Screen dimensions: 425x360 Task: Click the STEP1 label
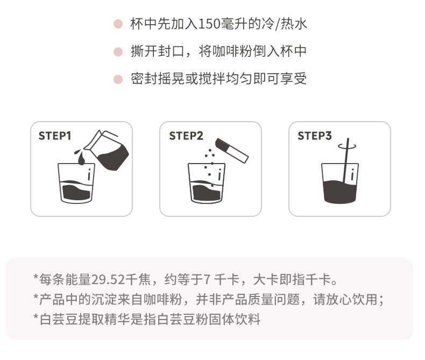point(55,136)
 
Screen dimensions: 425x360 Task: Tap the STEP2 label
point(186,136)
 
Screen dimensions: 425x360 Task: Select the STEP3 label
point(314,136)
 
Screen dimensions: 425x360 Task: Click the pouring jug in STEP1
point(107,151)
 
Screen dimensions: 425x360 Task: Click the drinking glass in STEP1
point(76,183)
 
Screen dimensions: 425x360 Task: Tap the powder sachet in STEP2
point(231,151)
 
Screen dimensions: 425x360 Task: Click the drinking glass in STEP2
point(206,183)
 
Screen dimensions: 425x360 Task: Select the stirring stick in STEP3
point(346,160)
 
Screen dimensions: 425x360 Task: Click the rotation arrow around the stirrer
point(347,147)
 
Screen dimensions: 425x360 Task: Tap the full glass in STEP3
point(340,183)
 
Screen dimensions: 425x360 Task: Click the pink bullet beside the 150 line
point(118,24)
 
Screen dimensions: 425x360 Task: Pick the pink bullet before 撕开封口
point(118,52)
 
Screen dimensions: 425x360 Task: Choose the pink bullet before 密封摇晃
point(118,79)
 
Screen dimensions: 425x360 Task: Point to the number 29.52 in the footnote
point(108,280)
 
